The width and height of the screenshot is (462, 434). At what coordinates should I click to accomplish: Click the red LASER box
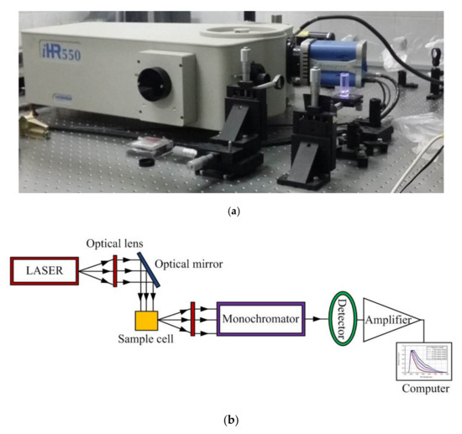click(45, 271)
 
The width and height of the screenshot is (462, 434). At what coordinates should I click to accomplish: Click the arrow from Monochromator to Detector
click(314, 319)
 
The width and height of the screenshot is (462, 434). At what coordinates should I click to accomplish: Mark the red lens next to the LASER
click(113, 271)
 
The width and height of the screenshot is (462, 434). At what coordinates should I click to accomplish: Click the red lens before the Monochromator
click(193, 319)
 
